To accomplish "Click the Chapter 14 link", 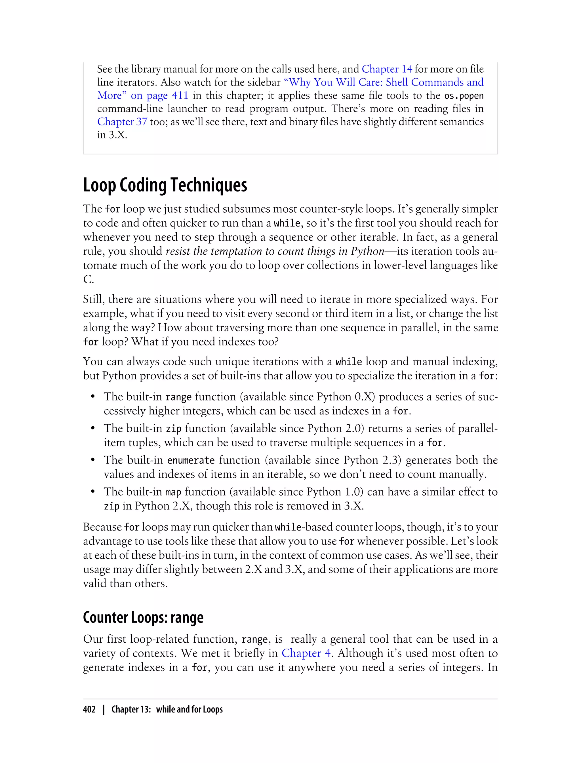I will pos(387,69).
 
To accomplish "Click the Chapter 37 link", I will pos(122,122).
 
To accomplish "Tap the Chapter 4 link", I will pos(306,653).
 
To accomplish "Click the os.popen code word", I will pos(464,96).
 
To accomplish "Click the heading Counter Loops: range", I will pos(143,618).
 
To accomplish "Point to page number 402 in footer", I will pos(89,709).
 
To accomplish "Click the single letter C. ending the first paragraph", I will pos(88,279).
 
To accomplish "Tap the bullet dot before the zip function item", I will pos(93,429).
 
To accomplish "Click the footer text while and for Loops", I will pos(189,709).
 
